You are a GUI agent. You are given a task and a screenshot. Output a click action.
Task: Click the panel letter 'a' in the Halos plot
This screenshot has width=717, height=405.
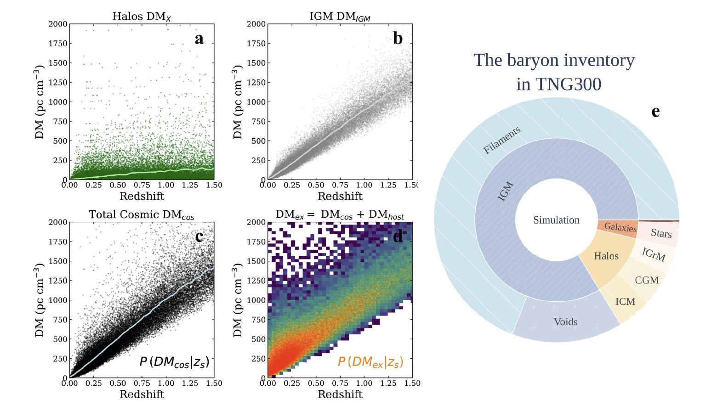click(x=199, y=39)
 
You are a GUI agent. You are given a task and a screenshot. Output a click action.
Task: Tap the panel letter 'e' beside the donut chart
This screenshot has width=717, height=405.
click(x=655, y=111)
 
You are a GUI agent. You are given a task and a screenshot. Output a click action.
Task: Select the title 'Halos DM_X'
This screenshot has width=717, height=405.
click(x=142, y=17)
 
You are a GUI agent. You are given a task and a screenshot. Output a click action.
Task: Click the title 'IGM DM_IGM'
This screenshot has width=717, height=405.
click(x=340, y=17)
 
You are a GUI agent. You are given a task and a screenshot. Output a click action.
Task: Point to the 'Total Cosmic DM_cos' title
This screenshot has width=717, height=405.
click(x=142, y=215)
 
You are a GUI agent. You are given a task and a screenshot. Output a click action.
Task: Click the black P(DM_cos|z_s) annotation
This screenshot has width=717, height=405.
click(x=174, y=362)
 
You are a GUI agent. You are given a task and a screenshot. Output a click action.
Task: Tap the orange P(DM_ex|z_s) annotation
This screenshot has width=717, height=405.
click(x=370, y=362)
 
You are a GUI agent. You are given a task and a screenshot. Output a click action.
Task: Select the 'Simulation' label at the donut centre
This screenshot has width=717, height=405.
click(x=556, y=220)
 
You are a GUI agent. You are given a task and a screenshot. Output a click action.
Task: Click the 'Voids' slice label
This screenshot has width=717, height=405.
click(x=565, y=321)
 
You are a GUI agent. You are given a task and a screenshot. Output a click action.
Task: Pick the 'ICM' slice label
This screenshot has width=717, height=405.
click(x=625, y=302)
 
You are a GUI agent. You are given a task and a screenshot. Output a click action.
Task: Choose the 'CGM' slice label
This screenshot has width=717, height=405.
click(x=647, y=280)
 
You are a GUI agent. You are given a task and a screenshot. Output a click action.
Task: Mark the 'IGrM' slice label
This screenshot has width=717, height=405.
click(x=654, y=254)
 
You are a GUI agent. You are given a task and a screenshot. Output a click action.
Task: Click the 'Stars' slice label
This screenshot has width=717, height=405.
click(x=661, y=233)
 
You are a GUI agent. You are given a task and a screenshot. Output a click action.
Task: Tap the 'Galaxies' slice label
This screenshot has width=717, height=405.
click(x=620, y=227)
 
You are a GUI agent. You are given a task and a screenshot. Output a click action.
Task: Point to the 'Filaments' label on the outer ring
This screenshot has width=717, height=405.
click(x=502, y=140)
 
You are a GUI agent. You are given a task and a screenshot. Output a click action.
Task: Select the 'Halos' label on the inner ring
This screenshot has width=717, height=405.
click(x=606, y=256)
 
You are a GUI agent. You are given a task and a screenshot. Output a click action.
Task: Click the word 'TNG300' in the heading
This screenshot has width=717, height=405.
click(x=558, y=84)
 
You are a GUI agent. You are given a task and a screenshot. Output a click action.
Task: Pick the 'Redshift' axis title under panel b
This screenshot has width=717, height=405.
click(x=340, y=196)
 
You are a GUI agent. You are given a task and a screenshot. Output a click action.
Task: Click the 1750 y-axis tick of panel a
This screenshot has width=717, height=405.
click(x=58, y=44)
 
